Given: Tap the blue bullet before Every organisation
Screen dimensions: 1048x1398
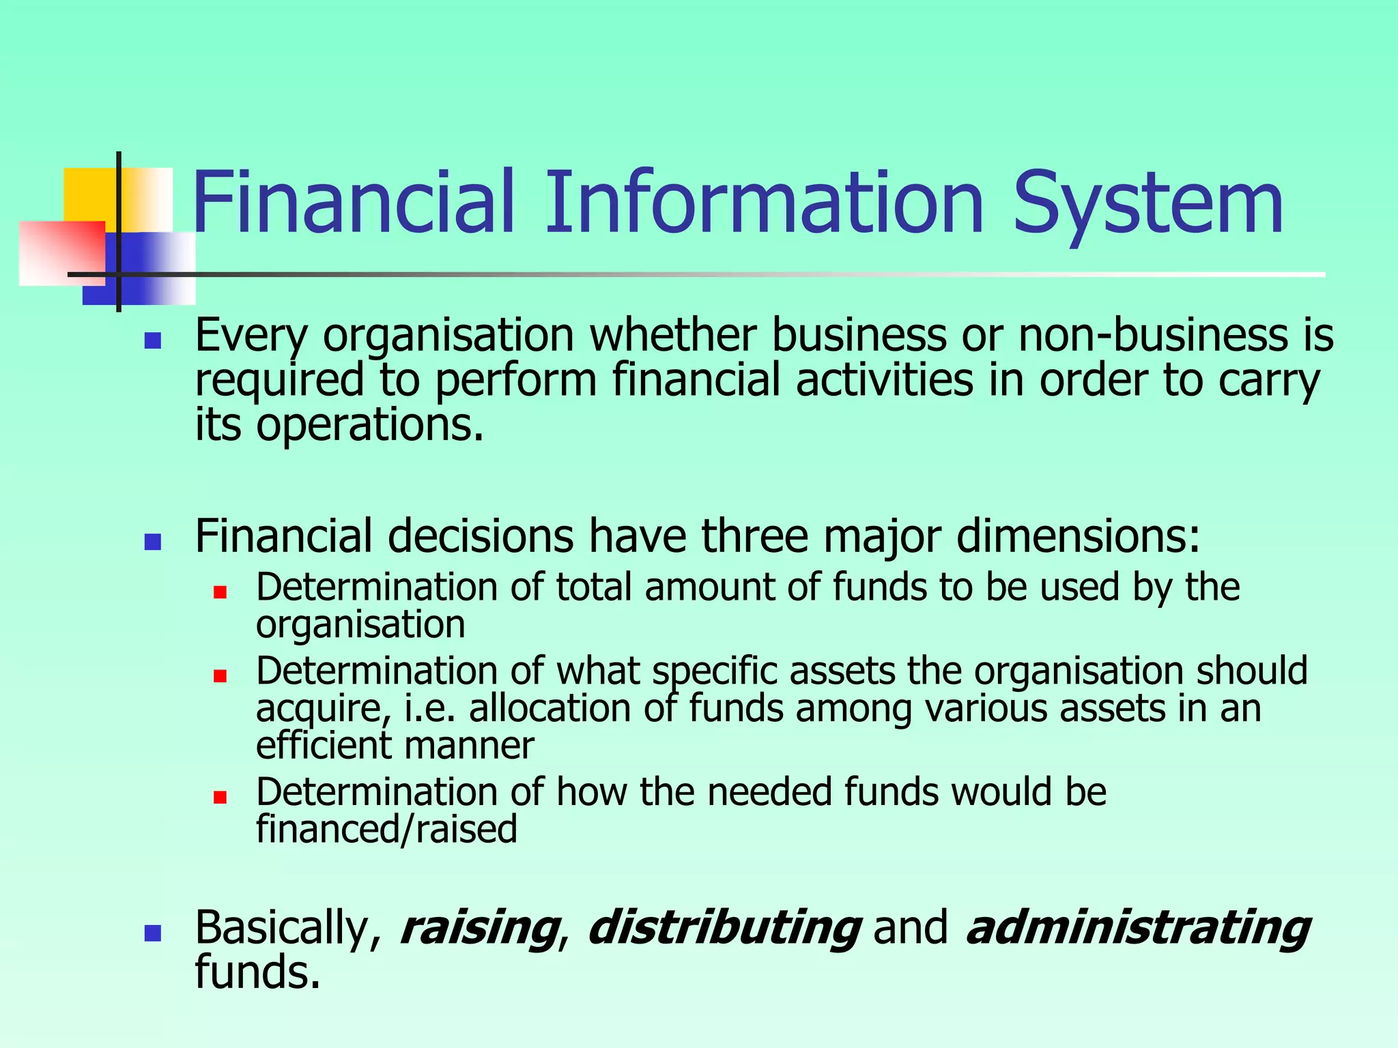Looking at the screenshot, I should (153, 340).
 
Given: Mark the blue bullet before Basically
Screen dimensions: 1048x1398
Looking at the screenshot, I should (153, 933).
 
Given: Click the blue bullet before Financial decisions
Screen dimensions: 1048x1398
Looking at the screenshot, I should (153, 542).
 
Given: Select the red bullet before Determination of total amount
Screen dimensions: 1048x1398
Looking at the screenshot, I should (220, 592).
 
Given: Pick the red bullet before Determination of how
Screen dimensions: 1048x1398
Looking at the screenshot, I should (220, 797).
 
